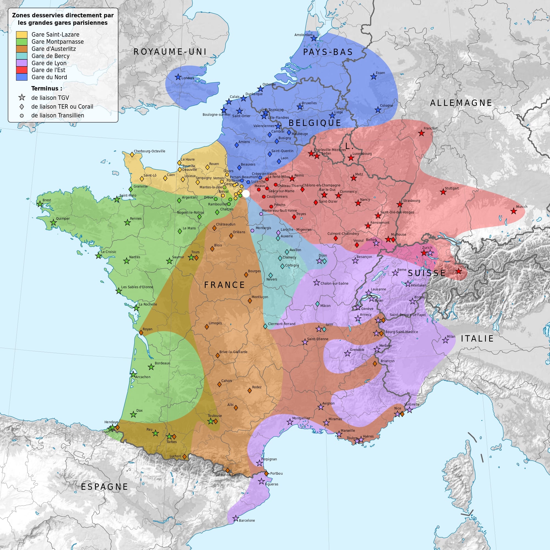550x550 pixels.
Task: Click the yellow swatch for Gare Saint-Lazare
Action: (x=22, y=35)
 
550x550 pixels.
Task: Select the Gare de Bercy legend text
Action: (x=50, y=56)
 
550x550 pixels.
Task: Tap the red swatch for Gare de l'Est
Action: (x=22, y=70)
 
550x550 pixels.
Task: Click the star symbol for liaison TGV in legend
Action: (x=22, y=98)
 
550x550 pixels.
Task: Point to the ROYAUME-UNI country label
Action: (x=170, y=52)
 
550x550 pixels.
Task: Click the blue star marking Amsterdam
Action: (x=314, y=38)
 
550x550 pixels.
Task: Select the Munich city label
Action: (x=521, y=207)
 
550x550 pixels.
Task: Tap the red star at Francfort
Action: (x=421, y=133)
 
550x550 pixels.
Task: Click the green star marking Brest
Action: (x=40, y=204)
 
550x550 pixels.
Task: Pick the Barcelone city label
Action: (x=246, y=520)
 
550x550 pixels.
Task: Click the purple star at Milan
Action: (x=446, y=340)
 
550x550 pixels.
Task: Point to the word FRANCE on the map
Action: (x=224, y=285)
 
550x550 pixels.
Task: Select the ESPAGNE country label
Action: (x=105, y=487)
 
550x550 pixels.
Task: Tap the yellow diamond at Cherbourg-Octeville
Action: (x=132, y=155)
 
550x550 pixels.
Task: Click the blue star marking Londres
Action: (x=178, y=77)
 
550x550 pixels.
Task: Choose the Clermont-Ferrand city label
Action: (x=282, y=324)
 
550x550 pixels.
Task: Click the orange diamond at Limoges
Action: (x=207, y=327)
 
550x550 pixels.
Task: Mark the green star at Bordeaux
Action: (x=151, y=367)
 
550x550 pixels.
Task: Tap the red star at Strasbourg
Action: (x=400, y=204)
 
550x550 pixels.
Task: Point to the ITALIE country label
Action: (x=477, y=339)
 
